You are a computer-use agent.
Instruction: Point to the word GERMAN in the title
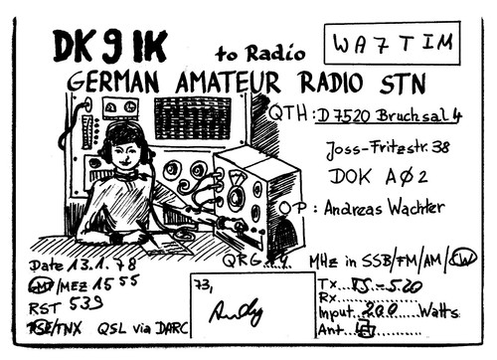point(116,83)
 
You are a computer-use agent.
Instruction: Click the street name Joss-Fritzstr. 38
point(386,149)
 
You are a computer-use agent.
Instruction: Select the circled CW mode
point(462,261)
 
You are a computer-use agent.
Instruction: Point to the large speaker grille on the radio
point(192,117)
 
